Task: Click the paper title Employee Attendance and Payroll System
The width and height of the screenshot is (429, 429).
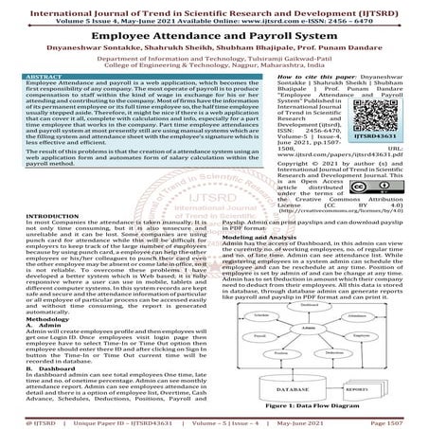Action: point(214,34)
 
